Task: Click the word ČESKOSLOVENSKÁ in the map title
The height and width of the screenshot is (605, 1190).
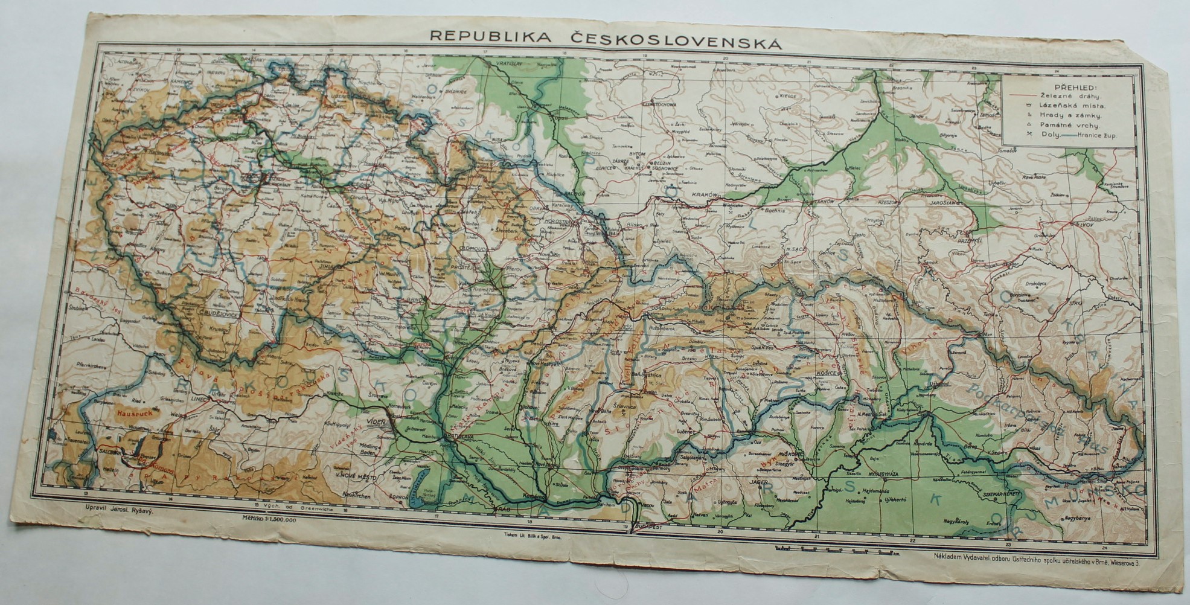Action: (x=676, y=42)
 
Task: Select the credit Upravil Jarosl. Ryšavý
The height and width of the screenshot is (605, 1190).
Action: (x=121, y=509)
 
